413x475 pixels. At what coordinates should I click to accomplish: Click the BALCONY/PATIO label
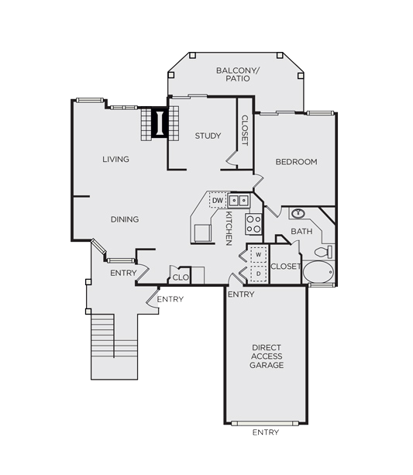(238, 74)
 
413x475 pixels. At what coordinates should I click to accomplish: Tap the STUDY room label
(208, 136)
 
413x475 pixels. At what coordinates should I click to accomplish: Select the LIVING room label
(115, 159)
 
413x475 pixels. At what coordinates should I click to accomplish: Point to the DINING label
(125, 219)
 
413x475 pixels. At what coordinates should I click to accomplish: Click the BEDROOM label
(296, 162)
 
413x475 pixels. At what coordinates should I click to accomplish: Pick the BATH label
(301, 232)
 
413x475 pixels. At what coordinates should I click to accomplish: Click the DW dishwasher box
(218, 200)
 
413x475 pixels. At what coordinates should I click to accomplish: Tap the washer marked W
(259, 254)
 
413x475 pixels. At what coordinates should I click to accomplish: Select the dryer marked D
(259, 274)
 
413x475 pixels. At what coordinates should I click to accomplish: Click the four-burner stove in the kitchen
(253, 224)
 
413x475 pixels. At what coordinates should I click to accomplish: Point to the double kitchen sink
(239, 200)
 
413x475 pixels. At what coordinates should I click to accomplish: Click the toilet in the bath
(323, 252)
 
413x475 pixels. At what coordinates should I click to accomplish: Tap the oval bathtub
(318, 272)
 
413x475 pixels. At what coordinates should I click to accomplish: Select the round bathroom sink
(298, 214)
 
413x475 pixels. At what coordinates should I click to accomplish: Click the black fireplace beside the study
(160, 123)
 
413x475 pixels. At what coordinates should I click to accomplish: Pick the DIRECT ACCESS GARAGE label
(267, 356)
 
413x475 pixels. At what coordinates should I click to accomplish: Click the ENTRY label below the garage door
(266, 432)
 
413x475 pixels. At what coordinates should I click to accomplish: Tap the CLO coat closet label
(181, 277)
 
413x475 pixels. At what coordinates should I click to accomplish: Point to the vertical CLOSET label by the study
(245, 130)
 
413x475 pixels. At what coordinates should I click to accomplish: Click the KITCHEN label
(229, 229)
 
